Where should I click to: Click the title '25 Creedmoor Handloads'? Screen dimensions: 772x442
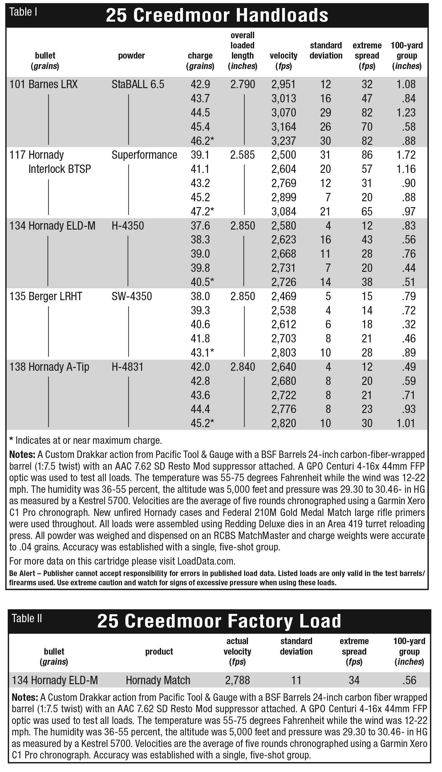[x=217, y=15]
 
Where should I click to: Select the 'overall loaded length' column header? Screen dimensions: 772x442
[x=242, y=51]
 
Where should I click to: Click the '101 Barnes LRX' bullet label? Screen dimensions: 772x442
[x=43, y=84]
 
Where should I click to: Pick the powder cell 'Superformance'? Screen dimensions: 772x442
[x=144, y=155]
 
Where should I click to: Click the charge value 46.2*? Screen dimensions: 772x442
[x=202, y=141]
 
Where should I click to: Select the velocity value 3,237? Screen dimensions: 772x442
[x=283, y=141]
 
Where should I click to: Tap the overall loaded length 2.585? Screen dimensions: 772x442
[x=242, y=155]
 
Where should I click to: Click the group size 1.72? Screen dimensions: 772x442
[x=406, y=155]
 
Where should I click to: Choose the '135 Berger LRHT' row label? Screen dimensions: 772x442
[x=46, y=296]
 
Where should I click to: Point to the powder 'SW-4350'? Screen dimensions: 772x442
[x=132, y=296]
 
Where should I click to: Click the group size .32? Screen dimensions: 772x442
[x=409, y=324]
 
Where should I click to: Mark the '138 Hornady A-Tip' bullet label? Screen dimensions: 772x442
[x=49, y=367]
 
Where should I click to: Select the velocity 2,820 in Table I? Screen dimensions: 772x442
[x=283, y=423]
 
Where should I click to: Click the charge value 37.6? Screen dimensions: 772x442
[x=200, y=226]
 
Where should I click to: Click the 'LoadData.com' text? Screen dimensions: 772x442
[x=206, y=561]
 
